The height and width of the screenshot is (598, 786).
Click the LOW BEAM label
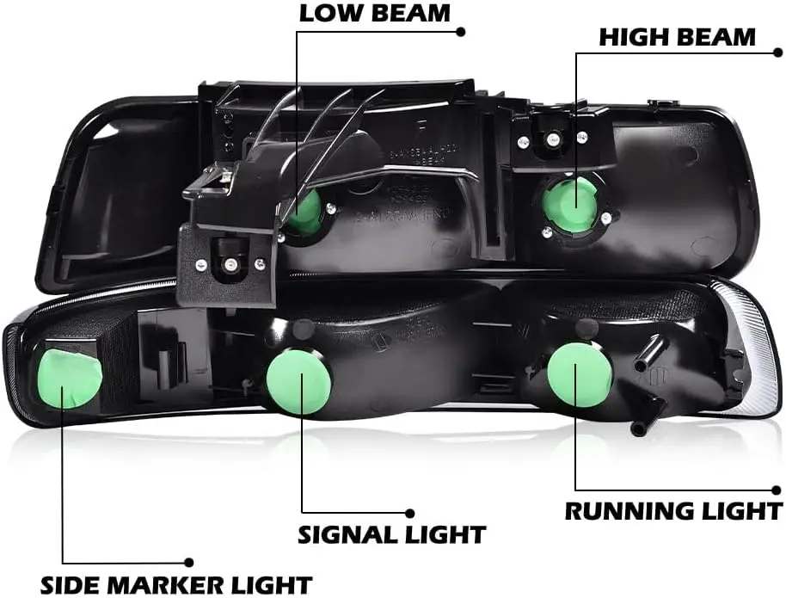[x=374, y=14]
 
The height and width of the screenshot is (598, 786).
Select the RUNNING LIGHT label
[x=673, y=510]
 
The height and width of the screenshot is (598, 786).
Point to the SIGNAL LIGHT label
[x=391, y=534]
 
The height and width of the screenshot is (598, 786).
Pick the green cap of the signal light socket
[x=298, y=380]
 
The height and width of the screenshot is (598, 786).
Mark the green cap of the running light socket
[x=579, y=374]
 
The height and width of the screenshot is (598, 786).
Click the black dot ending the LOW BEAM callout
[x=461, y=31]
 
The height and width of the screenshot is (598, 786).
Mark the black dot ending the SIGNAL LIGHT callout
[x=410, y=515]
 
